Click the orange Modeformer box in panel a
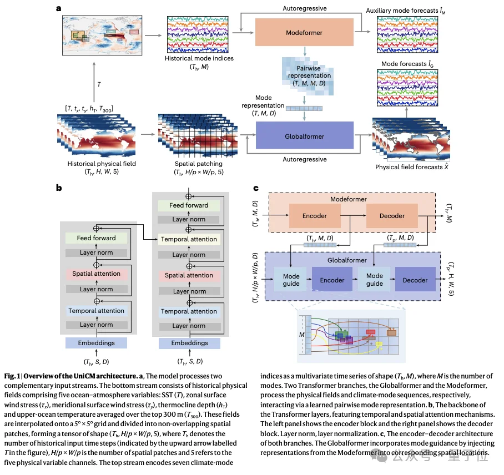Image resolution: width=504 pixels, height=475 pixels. [304, 32]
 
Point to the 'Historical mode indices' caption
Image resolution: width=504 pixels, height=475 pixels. [199, 58]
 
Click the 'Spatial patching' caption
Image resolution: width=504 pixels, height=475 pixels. [198, 164]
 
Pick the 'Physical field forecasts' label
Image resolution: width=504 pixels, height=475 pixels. [412, 167]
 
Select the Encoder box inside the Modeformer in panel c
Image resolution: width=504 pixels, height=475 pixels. [315, 216]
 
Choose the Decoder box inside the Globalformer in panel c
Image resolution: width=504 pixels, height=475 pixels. [415, 279]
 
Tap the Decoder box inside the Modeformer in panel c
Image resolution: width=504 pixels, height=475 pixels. [392, 216]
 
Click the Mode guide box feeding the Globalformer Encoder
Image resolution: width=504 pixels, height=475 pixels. [291, 280]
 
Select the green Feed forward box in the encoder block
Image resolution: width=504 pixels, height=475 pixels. [96, 238]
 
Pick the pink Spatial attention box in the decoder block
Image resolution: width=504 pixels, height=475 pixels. [189, 275]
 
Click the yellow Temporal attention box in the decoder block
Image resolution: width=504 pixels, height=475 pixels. [189, 239]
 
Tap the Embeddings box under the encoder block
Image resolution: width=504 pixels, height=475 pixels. [96, 343]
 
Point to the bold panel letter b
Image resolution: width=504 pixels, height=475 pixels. [59, 188]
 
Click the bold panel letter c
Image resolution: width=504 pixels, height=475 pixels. [256, 188]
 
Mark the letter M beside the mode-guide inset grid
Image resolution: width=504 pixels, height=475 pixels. [302, 335]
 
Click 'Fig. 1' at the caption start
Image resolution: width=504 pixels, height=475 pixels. [12, 376]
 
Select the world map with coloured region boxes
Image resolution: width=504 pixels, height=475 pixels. [102, 36]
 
